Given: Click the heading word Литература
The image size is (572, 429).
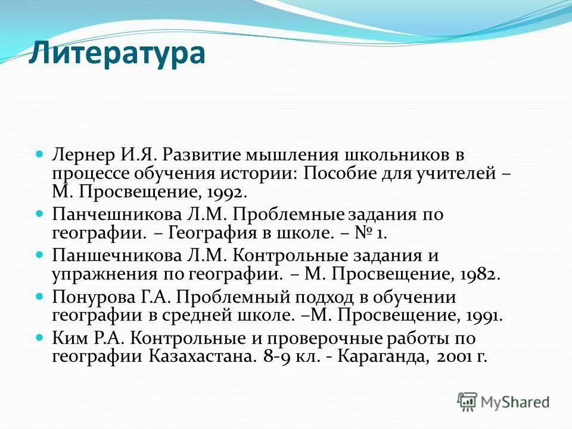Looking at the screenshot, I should coord(117,54).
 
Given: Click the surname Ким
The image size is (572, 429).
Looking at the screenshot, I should coord(67,338).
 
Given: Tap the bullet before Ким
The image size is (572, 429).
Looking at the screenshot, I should coord(41,337).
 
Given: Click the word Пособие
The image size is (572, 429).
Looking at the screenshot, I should coord(337,174).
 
